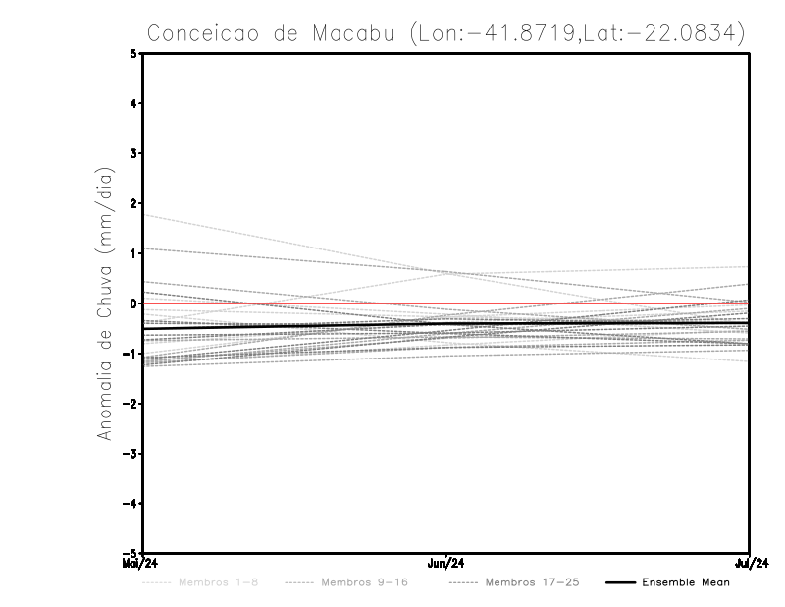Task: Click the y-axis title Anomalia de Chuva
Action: click(103, 303)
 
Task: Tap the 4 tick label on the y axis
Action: click(133, 103)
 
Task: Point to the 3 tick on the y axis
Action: click(133, 153)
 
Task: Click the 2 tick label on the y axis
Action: click(133, 203)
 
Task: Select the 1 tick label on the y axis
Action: click(133, 253)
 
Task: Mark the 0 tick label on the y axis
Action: click(133, 303)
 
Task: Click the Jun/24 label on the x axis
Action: click(446, 564)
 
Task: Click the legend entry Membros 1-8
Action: click(218, 582)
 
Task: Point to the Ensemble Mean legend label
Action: click(685, 582)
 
